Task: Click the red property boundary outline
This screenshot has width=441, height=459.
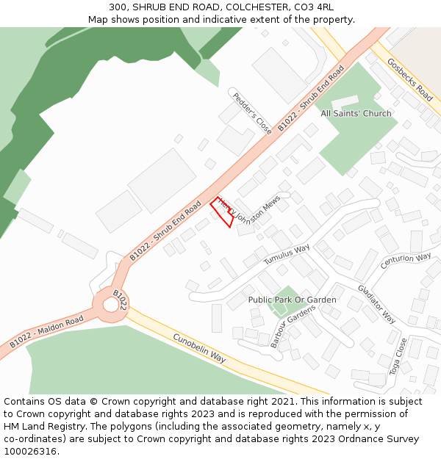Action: pyautogui.click(x=223, y=212)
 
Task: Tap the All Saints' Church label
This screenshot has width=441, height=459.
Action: pyautogui.click(x=356, y=114)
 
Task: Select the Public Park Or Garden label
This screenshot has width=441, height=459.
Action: pyautogui.click(x=292, y=300)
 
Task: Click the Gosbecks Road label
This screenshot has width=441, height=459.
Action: pyautogui.click(x=409, y=80)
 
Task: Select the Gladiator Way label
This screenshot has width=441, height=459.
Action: pyautogui.click(x=376, y=304)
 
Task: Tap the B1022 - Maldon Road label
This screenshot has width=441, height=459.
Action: pyautogui.click(x=46, y=333)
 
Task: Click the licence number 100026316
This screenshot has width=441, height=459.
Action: pyautogui.click(x=29, y=451)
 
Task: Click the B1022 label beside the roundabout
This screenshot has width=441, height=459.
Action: pyautogui.click(x=121, y=299)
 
